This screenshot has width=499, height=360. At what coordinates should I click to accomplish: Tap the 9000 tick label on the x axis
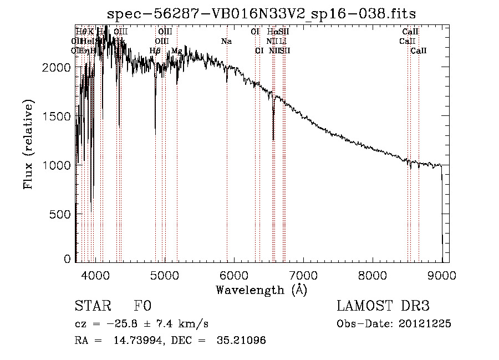coord(442,275)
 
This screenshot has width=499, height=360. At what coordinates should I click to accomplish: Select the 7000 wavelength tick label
coord(303,275)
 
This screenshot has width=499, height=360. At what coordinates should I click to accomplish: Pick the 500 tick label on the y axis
coord(61,214)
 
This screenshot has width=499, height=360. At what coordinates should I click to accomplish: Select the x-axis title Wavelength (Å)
coord(261,290)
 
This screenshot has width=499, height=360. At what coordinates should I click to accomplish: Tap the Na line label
coord(226,42)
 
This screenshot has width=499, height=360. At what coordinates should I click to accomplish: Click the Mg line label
coord(176,51)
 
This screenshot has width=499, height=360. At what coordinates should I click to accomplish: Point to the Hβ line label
coord(155,51)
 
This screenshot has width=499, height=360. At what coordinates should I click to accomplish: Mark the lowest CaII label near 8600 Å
coord(419,51)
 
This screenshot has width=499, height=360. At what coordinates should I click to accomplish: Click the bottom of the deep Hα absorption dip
coord(273,139)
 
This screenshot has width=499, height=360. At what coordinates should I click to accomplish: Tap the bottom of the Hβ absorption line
coord(155,133)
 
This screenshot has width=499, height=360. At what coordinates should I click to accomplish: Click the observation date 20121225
coord(424,324)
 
